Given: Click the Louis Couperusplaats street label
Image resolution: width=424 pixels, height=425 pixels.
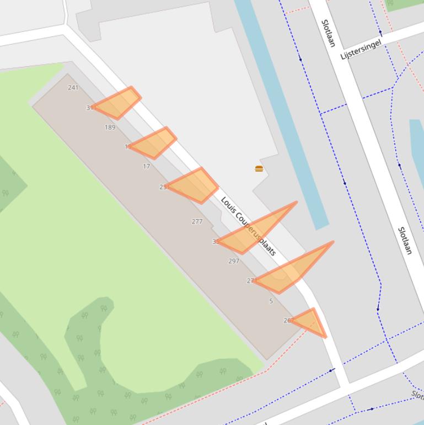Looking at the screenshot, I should (x=248, y=226).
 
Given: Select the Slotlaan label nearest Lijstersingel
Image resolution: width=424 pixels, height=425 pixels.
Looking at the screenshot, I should (x=328, y=33).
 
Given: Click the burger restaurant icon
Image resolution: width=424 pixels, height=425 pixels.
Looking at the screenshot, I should (x=259, y=168).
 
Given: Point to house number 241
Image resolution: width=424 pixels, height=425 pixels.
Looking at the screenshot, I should (x=73, y=87).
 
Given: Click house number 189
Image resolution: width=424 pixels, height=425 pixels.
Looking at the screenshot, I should (x=110, y=127).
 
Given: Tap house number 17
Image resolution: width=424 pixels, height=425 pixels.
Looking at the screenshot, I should (x=146, y=166).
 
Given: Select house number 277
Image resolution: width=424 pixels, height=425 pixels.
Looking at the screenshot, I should (x=197, y=221).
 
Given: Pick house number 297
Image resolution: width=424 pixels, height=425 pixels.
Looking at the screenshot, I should (x=234, y=261).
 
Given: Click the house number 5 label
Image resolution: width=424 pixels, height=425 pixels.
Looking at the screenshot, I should (x=271, y=301).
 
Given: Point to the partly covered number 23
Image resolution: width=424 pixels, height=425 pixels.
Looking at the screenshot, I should (x=163, y=187).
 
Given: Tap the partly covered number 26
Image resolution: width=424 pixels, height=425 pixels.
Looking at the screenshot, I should (x=287, y=320).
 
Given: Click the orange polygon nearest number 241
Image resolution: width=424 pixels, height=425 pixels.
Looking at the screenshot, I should (x=118, y=103).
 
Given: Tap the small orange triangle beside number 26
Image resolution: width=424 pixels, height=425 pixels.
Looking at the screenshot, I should (x=310, y=321).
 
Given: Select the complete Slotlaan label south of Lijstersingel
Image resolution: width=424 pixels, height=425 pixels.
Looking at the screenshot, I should (x=405, y=241).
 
